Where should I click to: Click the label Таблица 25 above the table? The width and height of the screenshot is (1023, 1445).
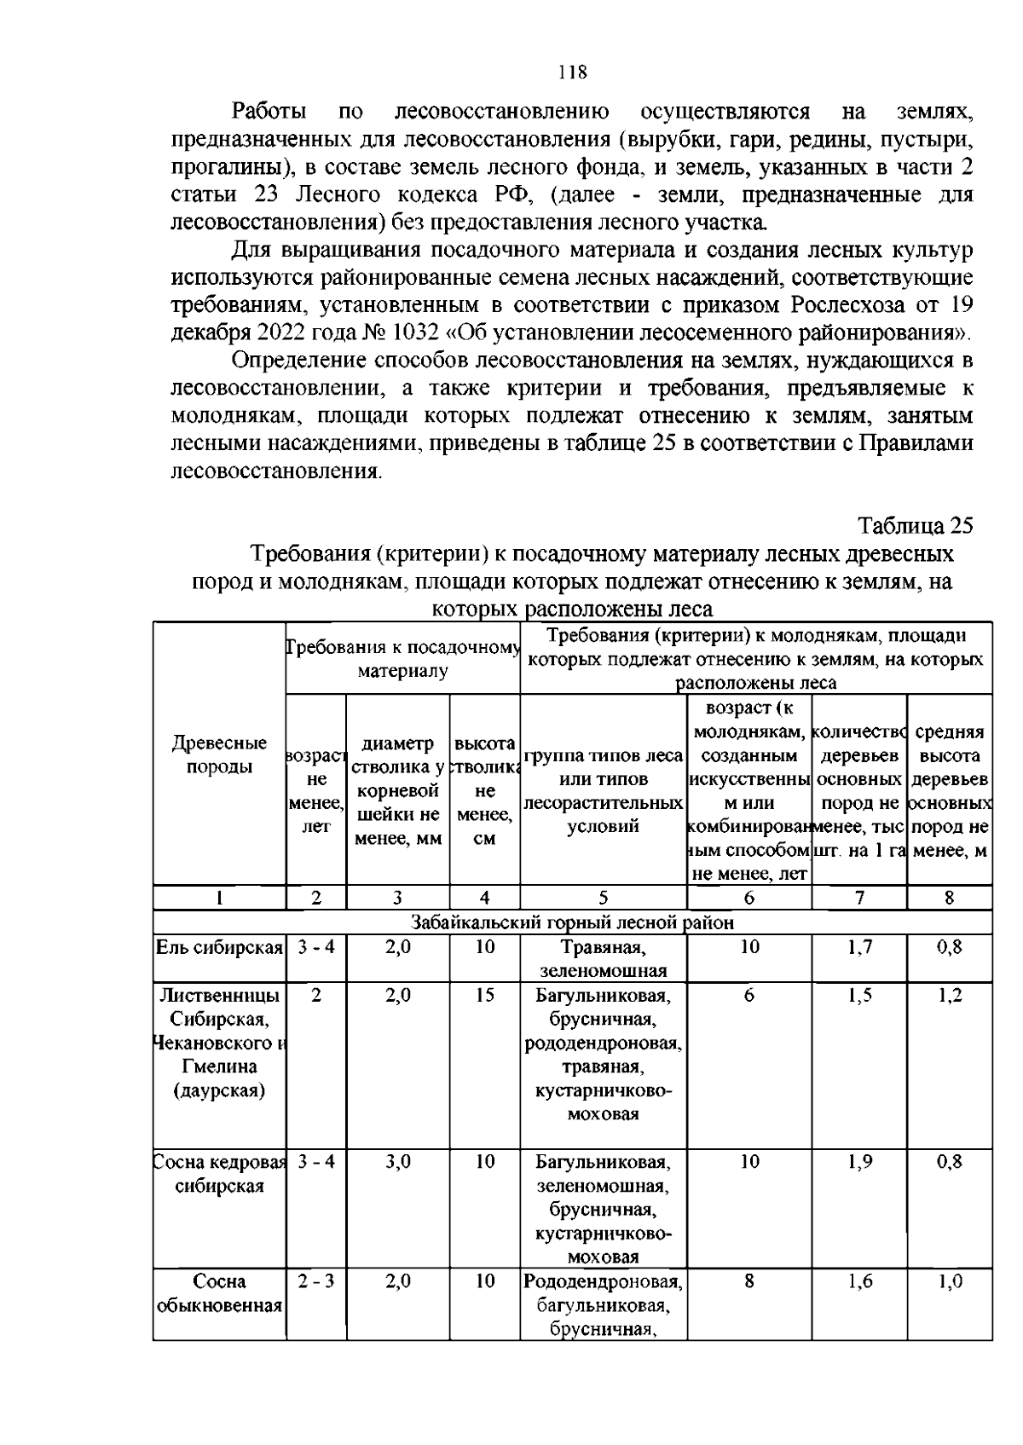point(915,524)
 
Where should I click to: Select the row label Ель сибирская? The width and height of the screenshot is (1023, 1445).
point(219,946)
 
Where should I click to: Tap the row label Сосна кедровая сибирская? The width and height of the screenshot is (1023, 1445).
point(219,1174)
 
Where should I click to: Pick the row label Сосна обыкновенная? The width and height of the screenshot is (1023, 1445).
point(219,1293)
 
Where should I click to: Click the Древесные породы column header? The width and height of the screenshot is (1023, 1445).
point(219,754)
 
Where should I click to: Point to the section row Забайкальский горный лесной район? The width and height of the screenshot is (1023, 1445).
point(573,922)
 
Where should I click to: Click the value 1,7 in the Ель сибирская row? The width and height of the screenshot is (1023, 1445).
point(859,946)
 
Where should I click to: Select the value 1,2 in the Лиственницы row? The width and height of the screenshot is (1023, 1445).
point(950,995)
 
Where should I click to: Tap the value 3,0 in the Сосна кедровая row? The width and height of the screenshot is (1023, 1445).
point(397,1161)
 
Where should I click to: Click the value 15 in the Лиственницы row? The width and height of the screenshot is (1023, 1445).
point(484,995)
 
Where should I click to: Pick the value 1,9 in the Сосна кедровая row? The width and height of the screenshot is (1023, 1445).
point(859,1161)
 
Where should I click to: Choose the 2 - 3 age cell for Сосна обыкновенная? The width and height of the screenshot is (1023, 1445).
point(315,1281)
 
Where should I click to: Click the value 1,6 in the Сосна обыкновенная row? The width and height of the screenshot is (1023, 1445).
point(859,1281)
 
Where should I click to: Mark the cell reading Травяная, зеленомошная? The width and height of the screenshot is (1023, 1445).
point(603,958)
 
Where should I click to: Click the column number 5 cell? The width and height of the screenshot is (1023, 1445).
point(603,897)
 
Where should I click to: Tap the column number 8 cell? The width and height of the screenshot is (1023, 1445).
point(950,897)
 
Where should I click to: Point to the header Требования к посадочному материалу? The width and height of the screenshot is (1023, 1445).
point(402,659)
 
